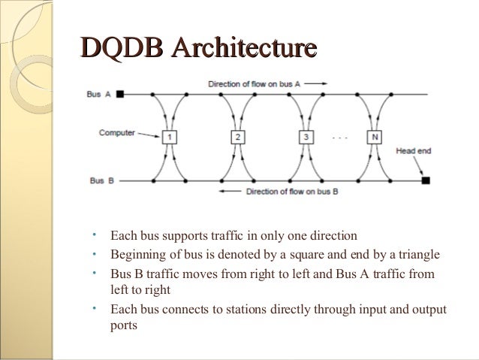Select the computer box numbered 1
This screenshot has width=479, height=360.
[170, 138]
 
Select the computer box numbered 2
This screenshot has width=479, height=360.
[237, 138]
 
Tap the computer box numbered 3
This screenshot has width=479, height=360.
[306, 138]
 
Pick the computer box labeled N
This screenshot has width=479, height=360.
[373, 138]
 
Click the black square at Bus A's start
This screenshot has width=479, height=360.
[120, 95]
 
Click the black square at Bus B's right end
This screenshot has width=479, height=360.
[425, 180]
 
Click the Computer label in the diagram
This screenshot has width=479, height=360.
[116, 133]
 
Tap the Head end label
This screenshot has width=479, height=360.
[413, 151]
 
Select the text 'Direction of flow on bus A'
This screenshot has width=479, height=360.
[255, 83]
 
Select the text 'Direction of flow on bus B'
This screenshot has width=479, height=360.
[292, 192]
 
